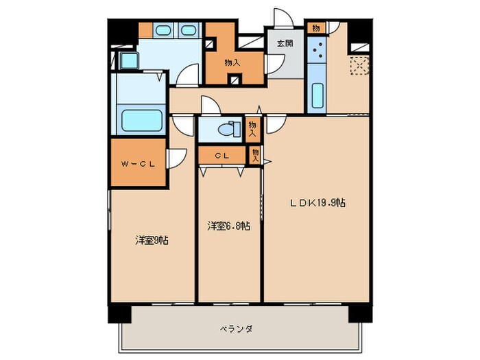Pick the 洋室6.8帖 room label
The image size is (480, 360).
228,225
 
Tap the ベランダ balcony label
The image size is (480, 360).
237,328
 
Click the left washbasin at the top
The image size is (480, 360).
163,30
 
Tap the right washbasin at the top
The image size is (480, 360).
188,30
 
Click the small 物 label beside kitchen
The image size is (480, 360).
315,27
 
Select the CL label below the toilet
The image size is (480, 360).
221,156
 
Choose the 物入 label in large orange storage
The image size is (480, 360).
232,62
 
